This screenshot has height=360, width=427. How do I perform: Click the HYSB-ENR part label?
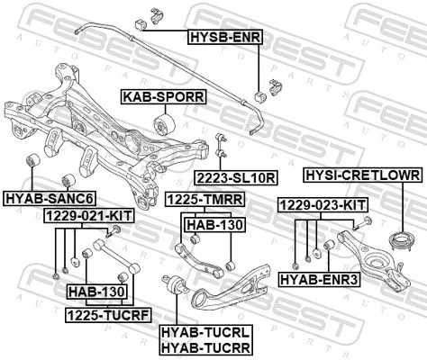222,38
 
